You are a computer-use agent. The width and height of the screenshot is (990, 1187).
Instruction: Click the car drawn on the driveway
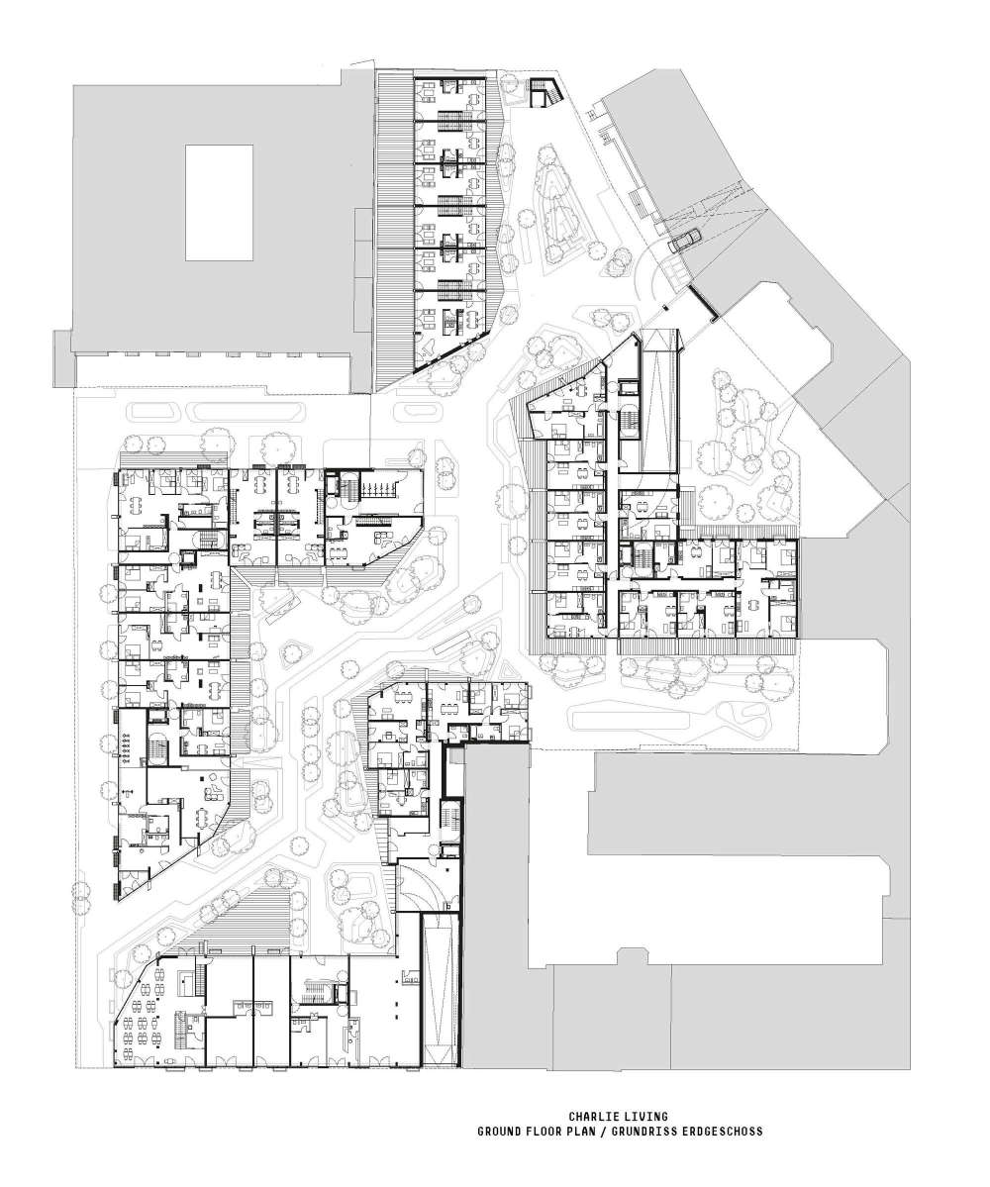pos(684,239)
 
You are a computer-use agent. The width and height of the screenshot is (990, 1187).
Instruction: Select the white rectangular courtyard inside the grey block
pos(219,202)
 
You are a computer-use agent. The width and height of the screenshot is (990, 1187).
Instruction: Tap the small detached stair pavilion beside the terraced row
pos(544,92)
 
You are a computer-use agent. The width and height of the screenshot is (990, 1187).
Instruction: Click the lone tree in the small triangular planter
pos(295,652)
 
